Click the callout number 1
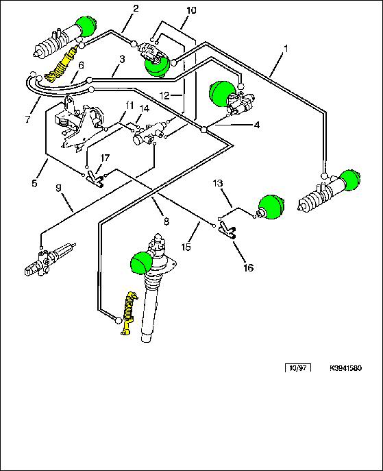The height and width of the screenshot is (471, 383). click(286, 49)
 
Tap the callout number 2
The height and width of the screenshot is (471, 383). click(136, 9)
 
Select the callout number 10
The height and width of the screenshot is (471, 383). click(191, 10)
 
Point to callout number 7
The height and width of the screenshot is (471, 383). click(27, 119)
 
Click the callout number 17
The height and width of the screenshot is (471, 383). click(105, 158)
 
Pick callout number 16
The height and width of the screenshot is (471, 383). click(249, 267)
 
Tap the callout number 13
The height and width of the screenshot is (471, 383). click(218, 183)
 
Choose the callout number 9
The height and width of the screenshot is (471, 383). click(58, 188)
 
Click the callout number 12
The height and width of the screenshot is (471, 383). click(165, 96)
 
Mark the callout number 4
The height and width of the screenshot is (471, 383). click(257, 125)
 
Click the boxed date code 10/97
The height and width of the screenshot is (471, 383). click(298, 367)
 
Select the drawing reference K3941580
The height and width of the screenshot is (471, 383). click(345, 368)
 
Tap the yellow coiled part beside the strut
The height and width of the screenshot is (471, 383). click(128, 313)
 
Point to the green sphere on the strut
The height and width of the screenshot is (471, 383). click(140, 263)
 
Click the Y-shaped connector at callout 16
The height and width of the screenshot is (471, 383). click(227, 230)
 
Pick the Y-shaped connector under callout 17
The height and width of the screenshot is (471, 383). click(95, 180)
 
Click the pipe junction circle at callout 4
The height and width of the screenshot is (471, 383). click(204, 129)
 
